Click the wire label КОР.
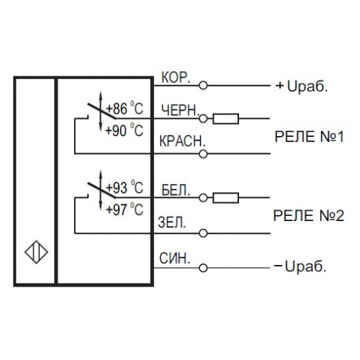[176, 77]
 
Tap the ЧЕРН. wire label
[181, 111]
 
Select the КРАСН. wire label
[182, 141]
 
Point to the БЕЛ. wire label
[176, 190]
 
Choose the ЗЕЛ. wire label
[172, 222]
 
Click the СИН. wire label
[175, 258]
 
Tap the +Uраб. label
[302, 86]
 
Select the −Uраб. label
[300, 266]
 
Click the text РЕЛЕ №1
[309, 137]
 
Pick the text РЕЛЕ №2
[309, 215]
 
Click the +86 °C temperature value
[125, 108]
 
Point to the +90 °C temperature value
[125, 130]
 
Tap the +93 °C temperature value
[125, 187]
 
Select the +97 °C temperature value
[125, 210]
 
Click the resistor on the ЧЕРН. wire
[226, 119]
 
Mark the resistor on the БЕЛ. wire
[226, 198]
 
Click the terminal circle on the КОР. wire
[203, 86]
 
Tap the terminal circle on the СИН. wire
[203, 268]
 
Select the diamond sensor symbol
[37, 252]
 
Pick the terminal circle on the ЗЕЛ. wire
[203, 233]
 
